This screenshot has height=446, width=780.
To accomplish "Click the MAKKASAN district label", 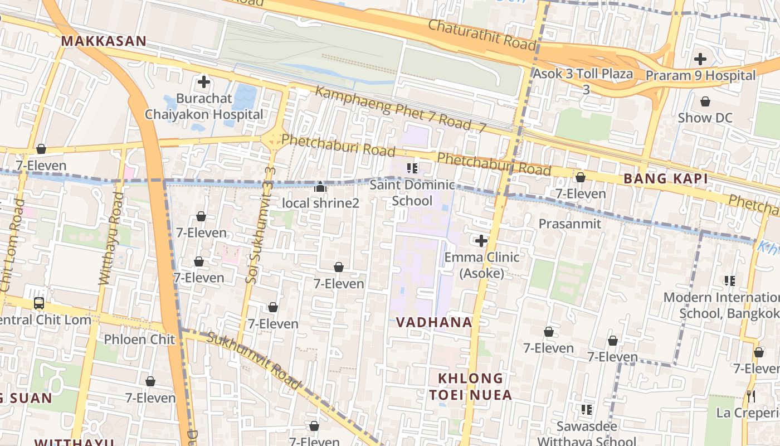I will [104, 41].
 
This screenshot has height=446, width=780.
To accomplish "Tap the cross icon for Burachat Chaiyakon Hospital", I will [204, 83].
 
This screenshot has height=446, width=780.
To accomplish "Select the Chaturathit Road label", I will [482, 34].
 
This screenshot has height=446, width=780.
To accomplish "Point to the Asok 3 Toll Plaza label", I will [583, 74].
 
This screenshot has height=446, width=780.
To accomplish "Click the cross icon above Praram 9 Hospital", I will [700, 59].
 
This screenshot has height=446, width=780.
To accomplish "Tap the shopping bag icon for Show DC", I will [705, 101].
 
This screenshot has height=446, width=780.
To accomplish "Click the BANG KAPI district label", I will [666, 179].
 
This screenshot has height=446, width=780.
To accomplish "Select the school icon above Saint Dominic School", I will [412, 168].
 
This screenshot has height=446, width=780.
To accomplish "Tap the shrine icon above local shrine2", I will [320, 187].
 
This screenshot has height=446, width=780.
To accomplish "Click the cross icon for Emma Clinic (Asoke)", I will [481, 241].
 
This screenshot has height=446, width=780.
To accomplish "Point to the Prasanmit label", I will [570, 224].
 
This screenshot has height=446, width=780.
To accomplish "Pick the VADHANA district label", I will [434, 322].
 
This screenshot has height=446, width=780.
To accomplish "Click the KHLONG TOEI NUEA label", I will [470, 386].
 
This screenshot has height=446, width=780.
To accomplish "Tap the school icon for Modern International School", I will [729, 280].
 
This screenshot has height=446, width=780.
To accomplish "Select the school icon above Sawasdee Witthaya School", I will [586, 410].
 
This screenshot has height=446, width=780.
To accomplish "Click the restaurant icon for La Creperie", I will [751, 396].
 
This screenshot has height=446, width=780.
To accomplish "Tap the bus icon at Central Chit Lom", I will [39, 303].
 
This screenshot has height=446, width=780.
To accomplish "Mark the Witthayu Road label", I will [111, 239].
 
